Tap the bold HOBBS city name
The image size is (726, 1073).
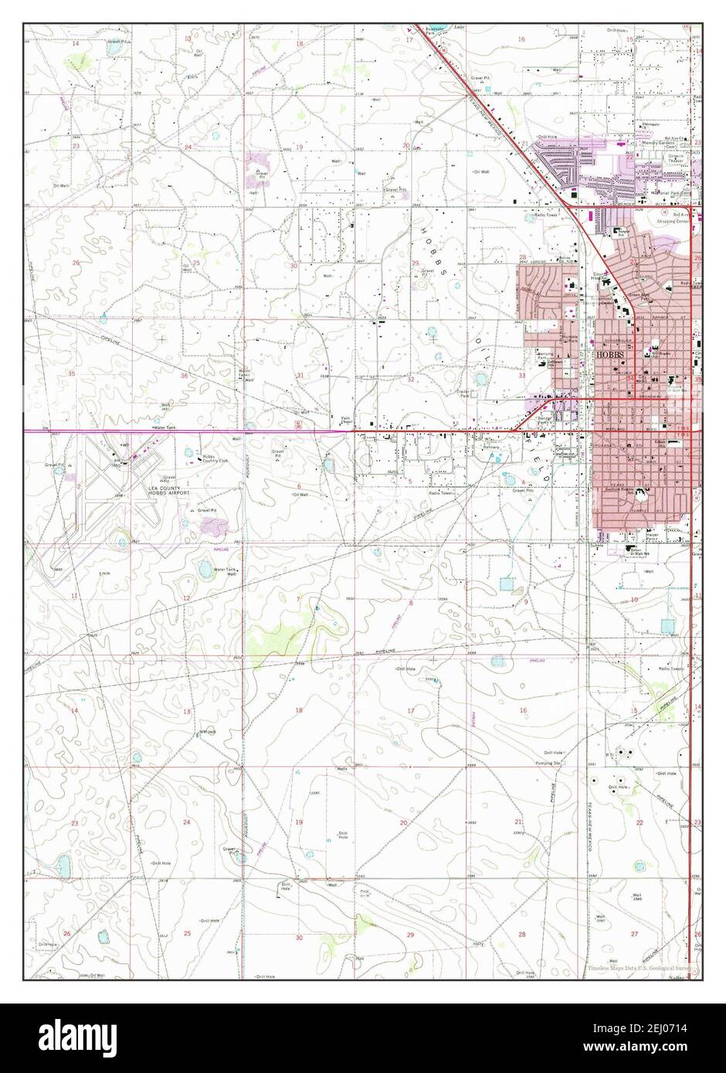point(608,354)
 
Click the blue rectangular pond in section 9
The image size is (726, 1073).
point(507,584)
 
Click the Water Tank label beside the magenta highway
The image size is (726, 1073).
point(165,427)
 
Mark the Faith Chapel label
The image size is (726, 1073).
point(348,421)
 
